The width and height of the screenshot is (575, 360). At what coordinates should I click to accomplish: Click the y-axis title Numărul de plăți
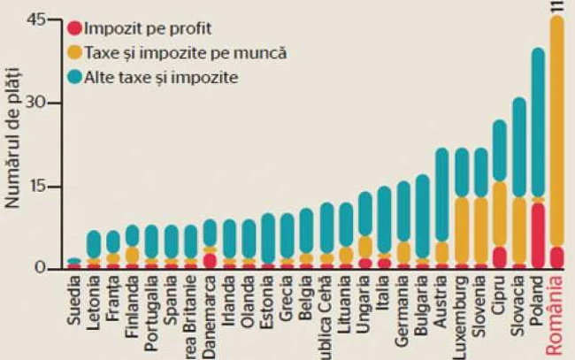click(x=13, y=159)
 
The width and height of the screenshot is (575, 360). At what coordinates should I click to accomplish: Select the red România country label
click(x=556, y=315)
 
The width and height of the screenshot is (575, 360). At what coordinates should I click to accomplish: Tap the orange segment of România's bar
click(x=556, y=133)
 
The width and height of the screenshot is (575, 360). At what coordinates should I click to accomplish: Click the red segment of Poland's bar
click(x=537, y=234)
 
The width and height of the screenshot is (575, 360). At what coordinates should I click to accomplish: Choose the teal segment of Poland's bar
click(x=537, y=124)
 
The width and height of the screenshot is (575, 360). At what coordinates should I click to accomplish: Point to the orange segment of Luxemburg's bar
click(x=462, y=230)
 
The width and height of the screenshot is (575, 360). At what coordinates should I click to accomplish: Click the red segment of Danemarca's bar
click(x=210, y=260)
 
